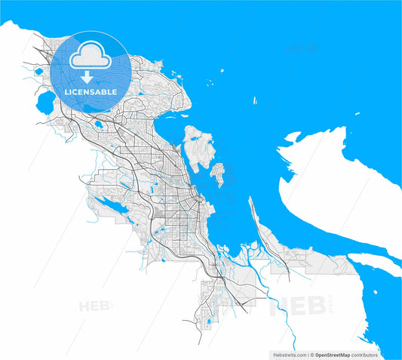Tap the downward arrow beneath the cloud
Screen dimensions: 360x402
(89, 77)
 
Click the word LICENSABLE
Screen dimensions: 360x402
(91, 91)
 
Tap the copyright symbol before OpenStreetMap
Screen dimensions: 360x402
(311, 354)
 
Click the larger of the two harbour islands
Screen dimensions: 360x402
(196, 147)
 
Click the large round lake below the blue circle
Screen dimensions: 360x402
(44, 103)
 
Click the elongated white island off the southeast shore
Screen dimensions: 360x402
(374, 264)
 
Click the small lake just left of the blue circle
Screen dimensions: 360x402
(38, 72)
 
